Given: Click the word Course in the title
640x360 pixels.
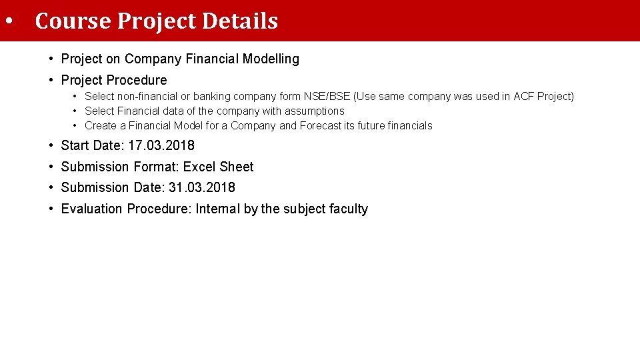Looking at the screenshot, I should click(x=73, y=21).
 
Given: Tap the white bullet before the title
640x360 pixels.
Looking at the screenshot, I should click(x=9, y=21).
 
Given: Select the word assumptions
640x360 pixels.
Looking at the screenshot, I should click(x=314, y=111).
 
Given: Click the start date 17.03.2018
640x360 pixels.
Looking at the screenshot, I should click(x=161, y=145).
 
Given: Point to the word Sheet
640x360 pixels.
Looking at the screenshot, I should click(x=237, y=167).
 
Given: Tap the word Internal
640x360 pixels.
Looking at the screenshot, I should click(x=217, y=209).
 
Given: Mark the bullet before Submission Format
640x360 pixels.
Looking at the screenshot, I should click(x=51, y=167).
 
